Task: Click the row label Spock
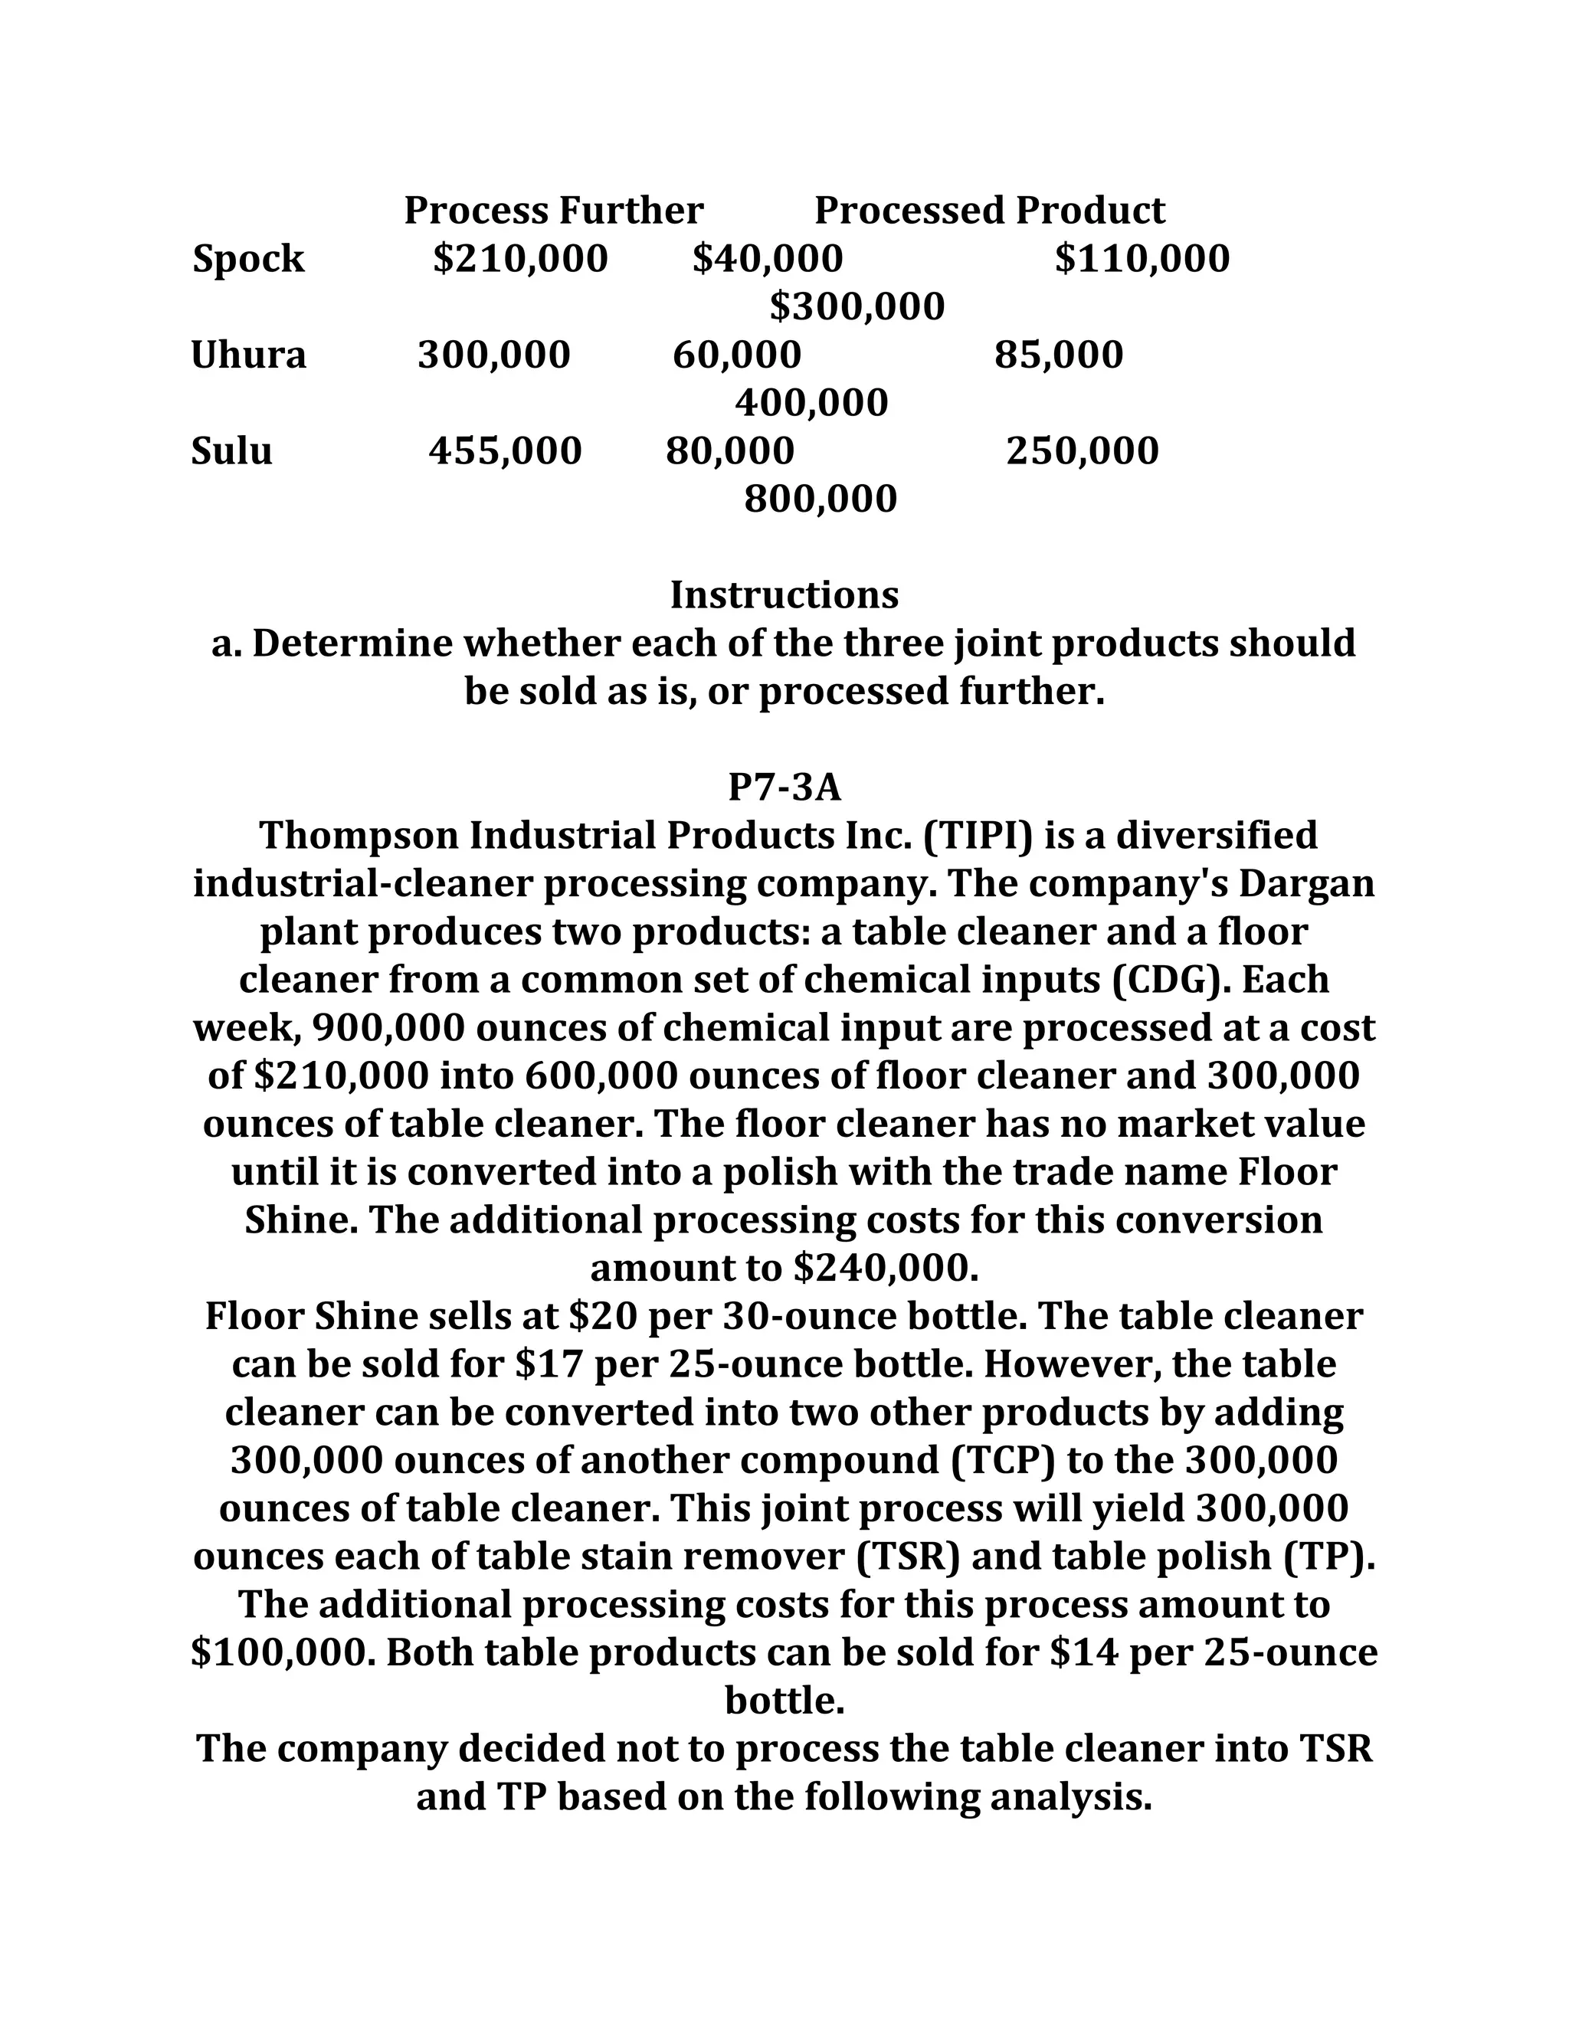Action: (x=248, y=260)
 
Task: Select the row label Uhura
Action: (x=248, y=356)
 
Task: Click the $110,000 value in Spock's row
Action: (x=1142, y=260)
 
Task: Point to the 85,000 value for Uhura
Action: (x=1058, y=356)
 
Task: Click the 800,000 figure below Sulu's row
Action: (x=820, y=500)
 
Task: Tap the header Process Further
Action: (x=553, y=211)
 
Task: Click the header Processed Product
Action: (x=989, y=211)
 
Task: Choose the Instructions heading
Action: (x=784, y=596)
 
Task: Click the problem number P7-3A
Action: (x=784, y=788)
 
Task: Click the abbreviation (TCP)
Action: (x=1005, y=1461)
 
